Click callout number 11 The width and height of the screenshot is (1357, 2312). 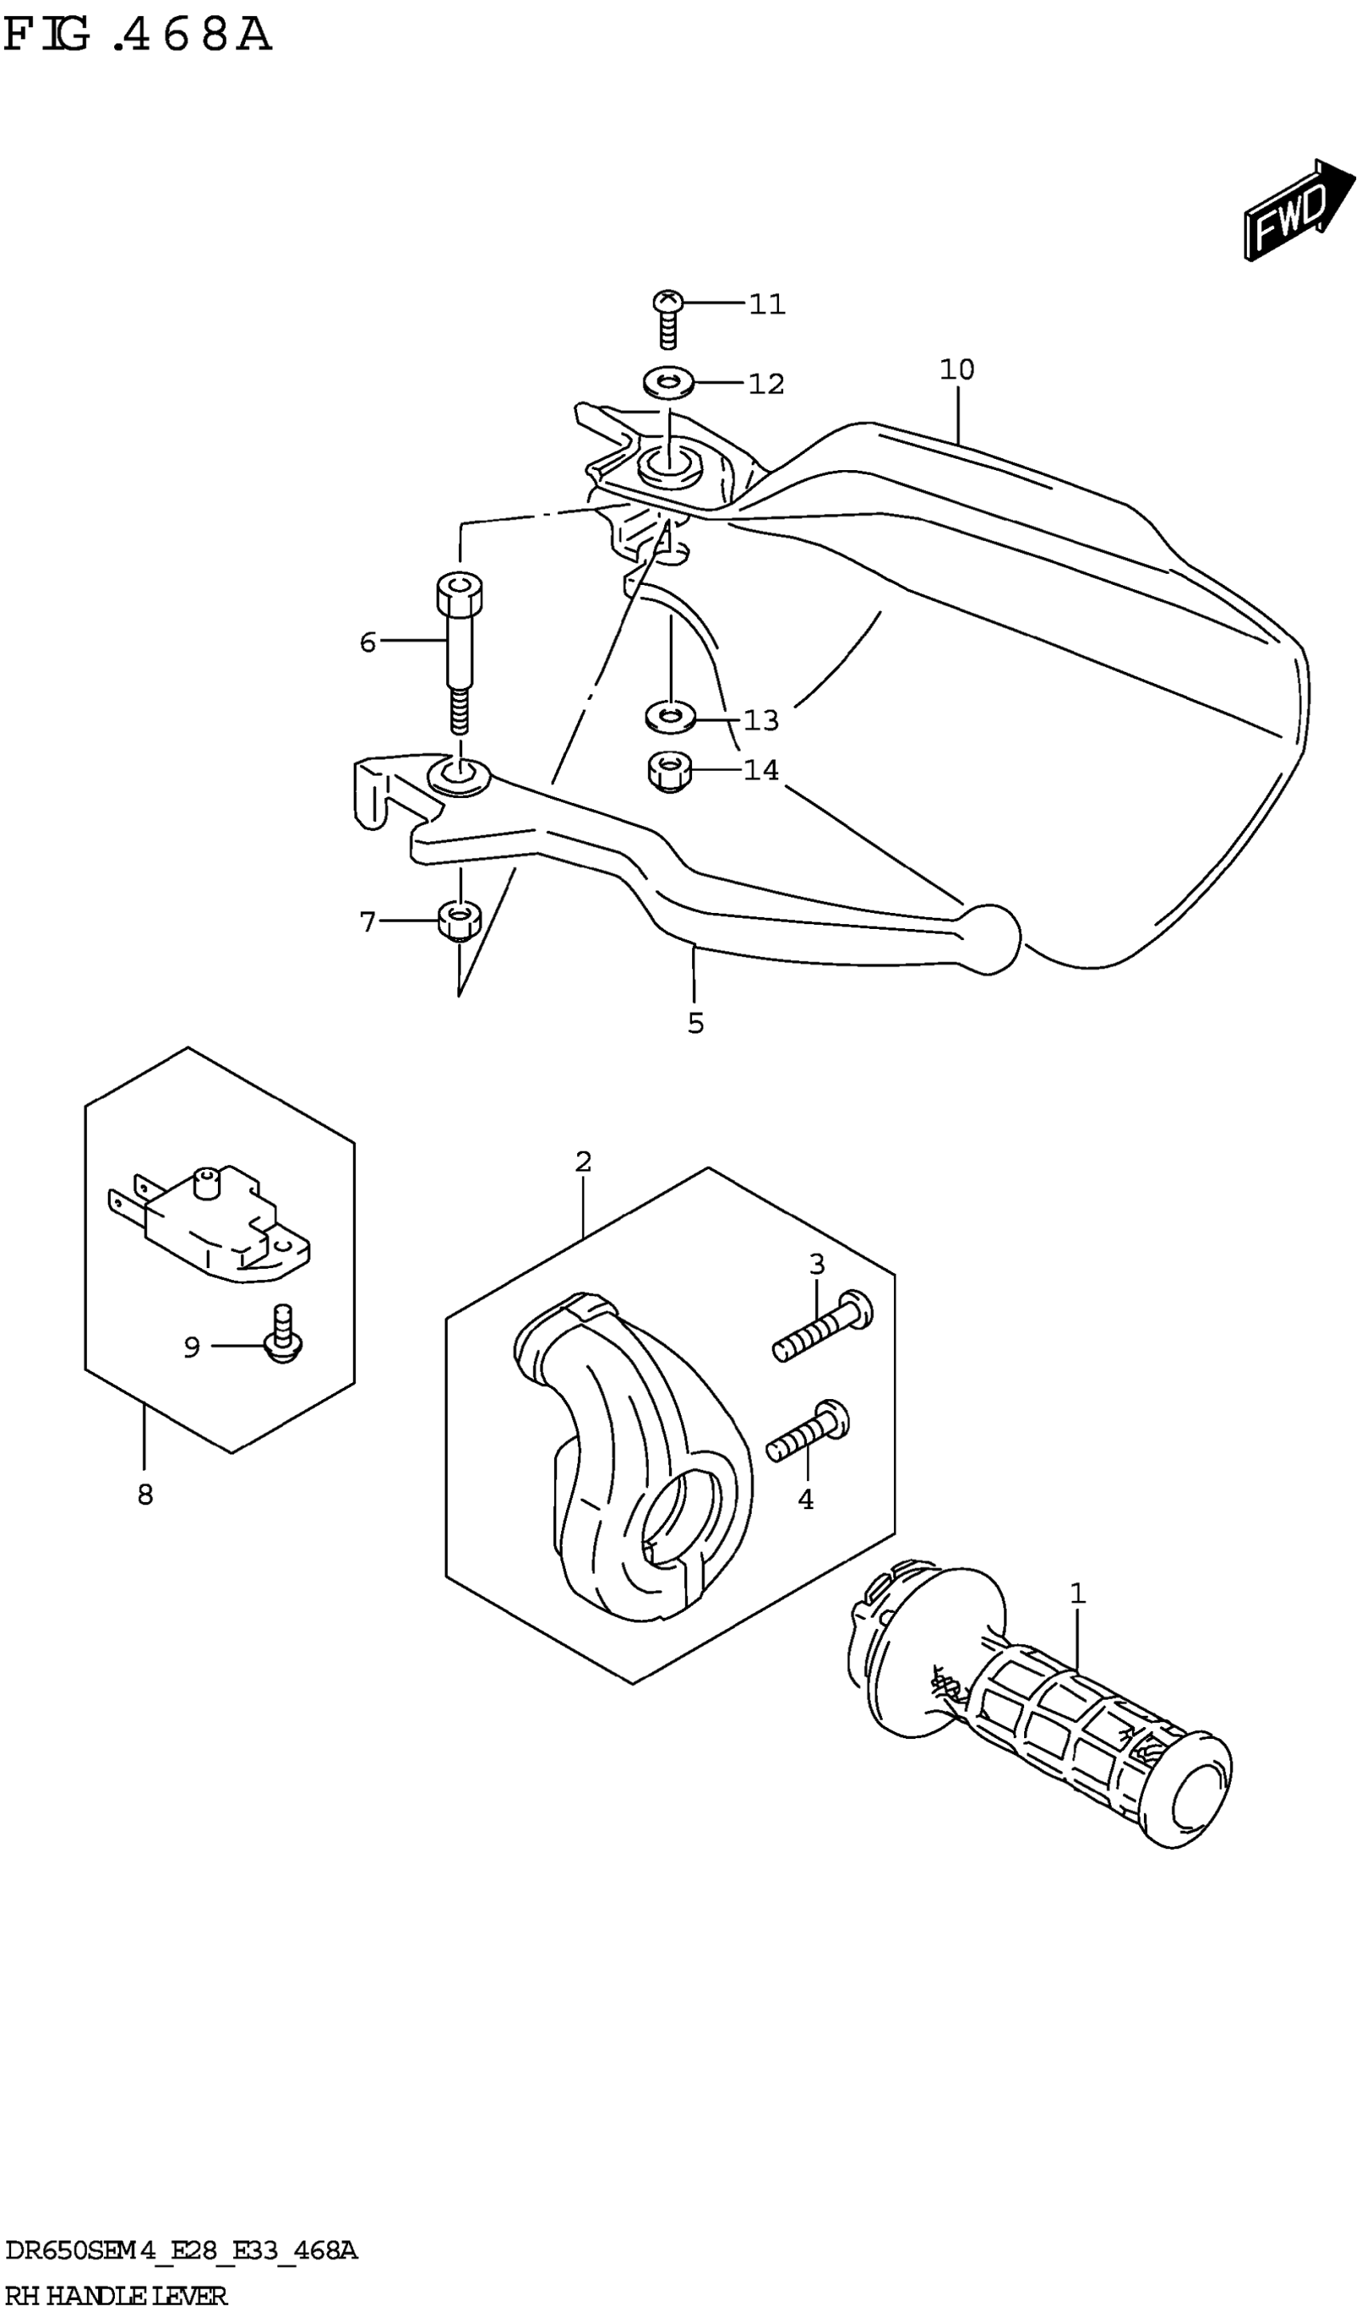coord(767,305)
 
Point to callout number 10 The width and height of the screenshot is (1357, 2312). coord(957,370)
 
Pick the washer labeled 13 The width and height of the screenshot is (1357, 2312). coord(670,717)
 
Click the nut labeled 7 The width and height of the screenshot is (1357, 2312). coord(459,920)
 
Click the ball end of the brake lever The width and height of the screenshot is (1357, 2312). coord(990,938)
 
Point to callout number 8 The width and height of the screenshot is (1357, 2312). coord(145,1496)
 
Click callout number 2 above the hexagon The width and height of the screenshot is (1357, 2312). coord(584,1163)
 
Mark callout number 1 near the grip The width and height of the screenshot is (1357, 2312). coord(1078,1594)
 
